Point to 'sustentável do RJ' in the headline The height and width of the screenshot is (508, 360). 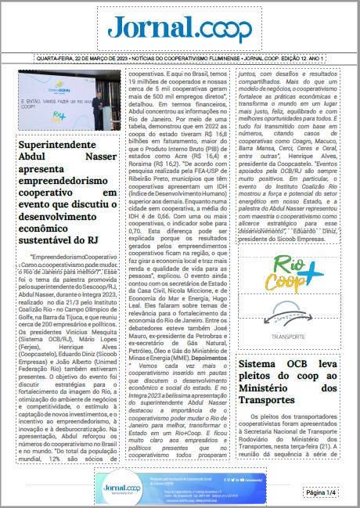click(x=63, y=241)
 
